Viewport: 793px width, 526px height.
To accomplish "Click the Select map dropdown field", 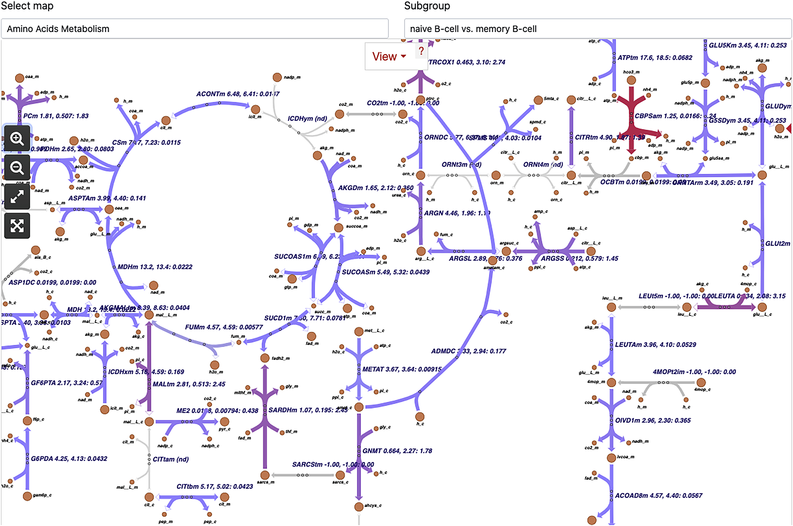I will pyautogui.click(x=194, y=29).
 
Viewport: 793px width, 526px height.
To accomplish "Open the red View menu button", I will pyautogui.click(x=389, y=56).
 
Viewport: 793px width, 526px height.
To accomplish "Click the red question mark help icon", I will pyautogui.click(x=421, y=51).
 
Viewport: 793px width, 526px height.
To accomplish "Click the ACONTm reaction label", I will pyautogui.click(x=237, y=94).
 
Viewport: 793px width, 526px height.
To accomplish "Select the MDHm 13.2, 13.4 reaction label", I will pyautogui.click(x=155, y=267).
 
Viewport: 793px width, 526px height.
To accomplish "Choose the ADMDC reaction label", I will pyautogui.click(x=468, y=351).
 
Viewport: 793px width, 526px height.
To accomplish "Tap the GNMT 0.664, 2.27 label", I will pyautogui.click(x=397, y=450).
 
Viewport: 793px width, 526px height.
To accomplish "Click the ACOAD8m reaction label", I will pyautogui.click(x=658, y=495).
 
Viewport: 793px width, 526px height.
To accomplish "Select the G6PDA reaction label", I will pyautogui.click(x=69, y=459).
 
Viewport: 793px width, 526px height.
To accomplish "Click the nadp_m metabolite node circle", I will pyautogui.click(x=277, y=77).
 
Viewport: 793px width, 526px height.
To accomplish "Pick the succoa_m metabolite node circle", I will pyautogui.click(x=339, y=228).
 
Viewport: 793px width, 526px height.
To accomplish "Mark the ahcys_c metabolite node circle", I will pyautogui.click(x=359, y=506).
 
